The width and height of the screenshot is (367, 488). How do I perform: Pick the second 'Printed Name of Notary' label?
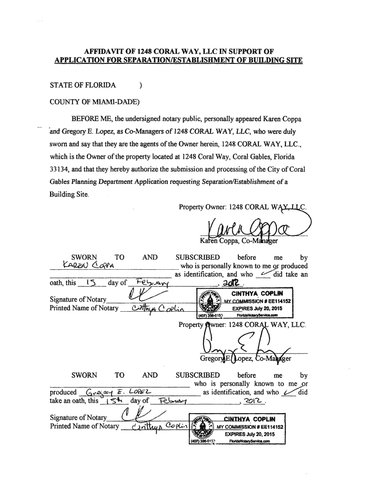[x=84, y=426]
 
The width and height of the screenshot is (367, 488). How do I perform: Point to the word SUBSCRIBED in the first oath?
[x=198, y=257]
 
